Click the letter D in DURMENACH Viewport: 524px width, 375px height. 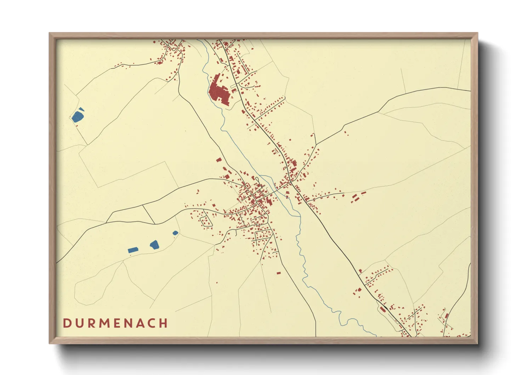coord(67,323)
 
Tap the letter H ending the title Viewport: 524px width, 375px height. coord(163,323)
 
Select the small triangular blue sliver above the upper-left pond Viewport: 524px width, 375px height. coord(81,109)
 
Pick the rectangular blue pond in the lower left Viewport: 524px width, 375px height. coord(133,250)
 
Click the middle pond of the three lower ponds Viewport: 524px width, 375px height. coord(154,244)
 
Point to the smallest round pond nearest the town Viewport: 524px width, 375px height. coord(175,233)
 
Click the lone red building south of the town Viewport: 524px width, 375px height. coord(278,273)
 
